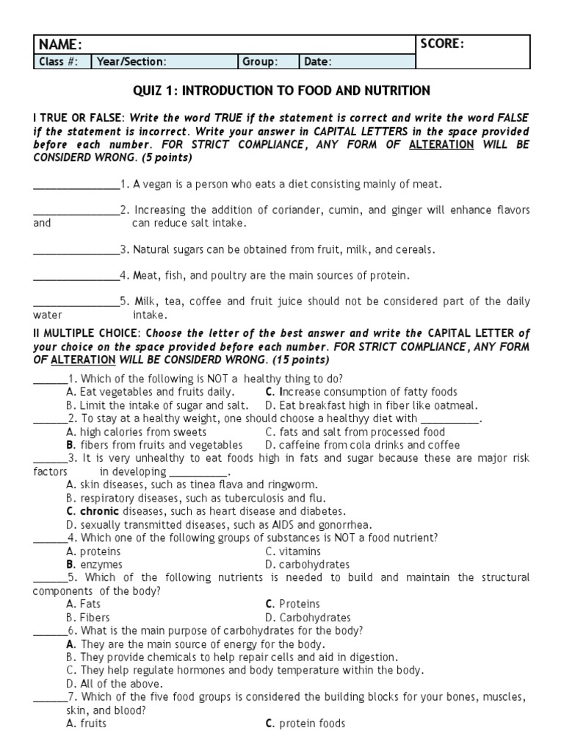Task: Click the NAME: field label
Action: click(60, 45)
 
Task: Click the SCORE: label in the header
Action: click(442, 44)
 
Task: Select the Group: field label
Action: click(260, 62)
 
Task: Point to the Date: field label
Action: click(318, 62)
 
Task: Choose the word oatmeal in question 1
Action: click(457, 405)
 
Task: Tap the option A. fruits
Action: click(86, 724)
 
